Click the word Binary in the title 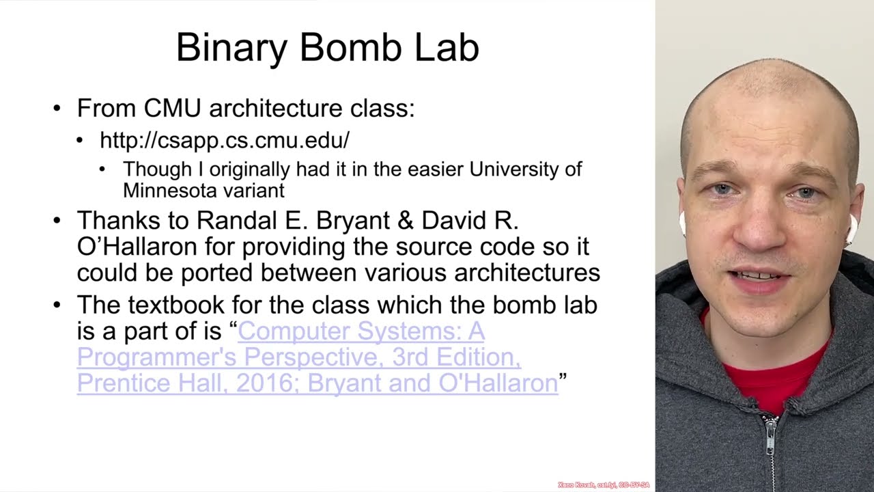pos(233,48)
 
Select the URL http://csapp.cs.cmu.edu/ pos(225,140)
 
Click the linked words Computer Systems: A pos(361,331)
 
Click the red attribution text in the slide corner pos(603,484)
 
